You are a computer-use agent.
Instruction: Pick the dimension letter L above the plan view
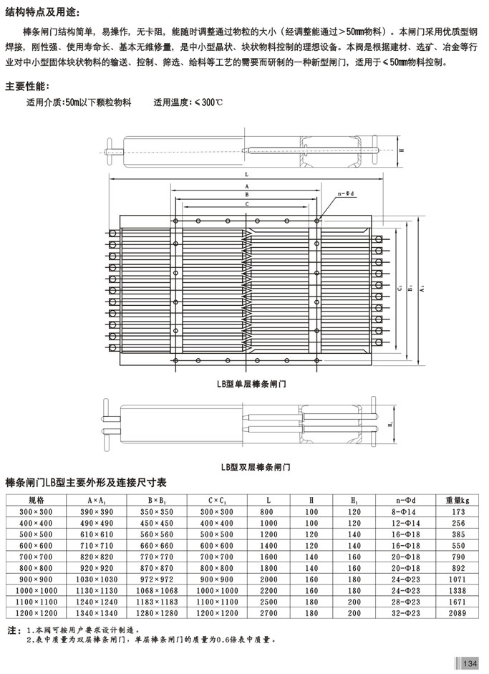tap(246, 174)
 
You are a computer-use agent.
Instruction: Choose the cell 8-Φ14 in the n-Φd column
tap(405, 512)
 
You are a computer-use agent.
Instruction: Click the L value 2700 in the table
tap(268, 615)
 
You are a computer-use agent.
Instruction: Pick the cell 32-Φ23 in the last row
tap(405, 615)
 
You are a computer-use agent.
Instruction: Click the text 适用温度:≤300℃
tap(188, 102)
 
